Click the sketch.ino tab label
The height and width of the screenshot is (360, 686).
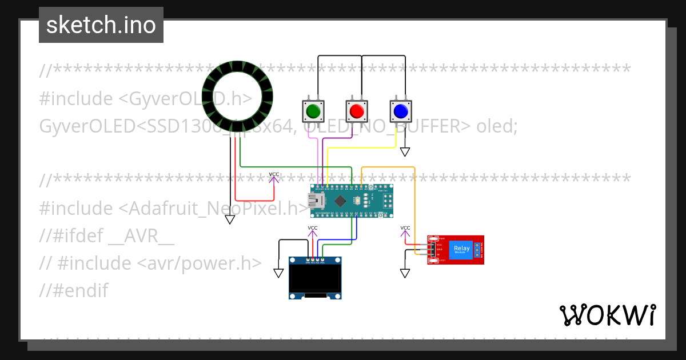pyautogui.click(x=101, y=25)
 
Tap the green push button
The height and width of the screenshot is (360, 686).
pyautogui.click(x=312, y=110)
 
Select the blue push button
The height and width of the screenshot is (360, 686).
pyautogui.click(x=400, y=110)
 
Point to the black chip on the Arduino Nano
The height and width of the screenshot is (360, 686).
pyautogui.click(x=341, y=201)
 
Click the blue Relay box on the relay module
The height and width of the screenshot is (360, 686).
pyautogui.click(x=461, y=249)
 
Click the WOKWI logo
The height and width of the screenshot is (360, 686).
pyautogui.click(x=607, y=315)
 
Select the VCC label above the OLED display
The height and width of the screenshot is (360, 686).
pyautogui.click(x=313, y=229)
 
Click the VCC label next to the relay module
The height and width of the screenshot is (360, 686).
pyautogui.click(x=405, y=229)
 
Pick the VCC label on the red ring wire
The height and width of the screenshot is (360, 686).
pyautogui.click(x=274, y=175)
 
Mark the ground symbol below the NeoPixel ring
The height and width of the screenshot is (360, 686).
pyautogui.click(x=230, y=219)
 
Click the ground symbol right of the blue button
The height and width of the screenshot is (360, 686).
pyautogui.click(x=405, y=152)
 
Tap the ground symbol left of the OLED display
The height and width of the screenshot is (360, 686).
pyautogui.click(x=278, y=273)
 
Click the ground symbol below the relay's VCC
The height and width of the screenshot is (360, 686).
pyautogui.click(x=405, y=273)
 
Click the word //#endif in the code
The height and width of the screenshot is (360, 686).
pyautogui.click(x=73, y=291)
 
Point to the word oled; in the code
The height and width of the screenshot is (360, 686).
pyautogui.click(x=497, y=126)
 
